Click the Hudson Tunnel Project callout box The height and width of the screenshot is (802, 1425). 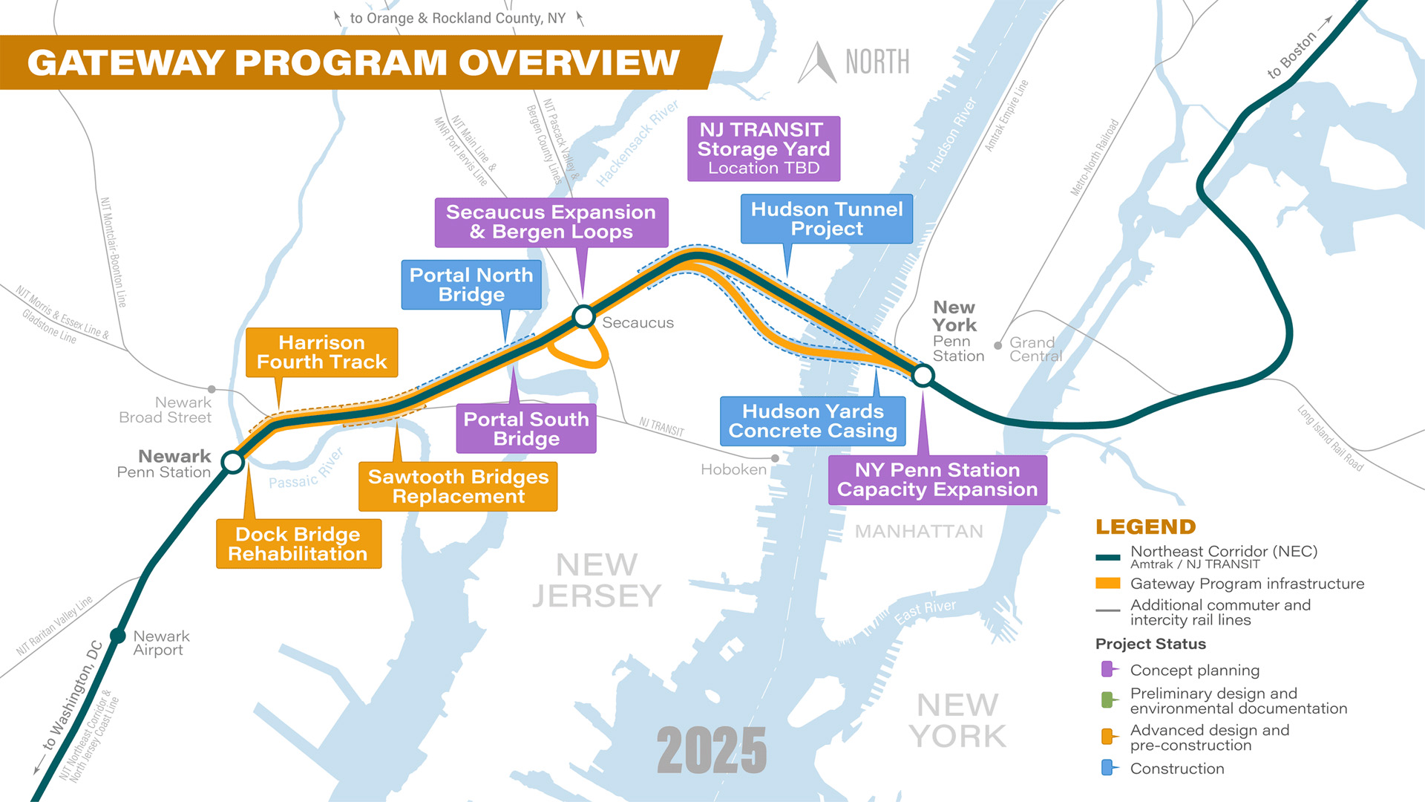(x=827, y=219)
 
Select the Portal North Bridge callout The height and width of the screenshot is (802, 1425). (x=471, y=284)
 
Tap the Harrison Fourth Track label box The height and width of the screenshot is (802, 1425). (x=321, y=353)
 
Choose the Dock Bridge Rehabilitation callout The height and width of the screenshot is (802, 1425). (x=298, y=544)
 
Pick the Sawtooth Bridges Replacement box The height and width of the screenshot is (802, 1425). (x=458, y=486)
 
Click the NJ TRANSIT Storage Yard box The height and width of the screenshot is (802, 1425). (x=764, y=149)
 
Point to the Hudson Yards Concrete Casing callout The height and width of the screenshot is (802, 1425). (x=813, y=421)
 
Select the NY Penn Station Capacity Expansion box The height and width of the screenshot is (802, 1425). (x=937, y=480)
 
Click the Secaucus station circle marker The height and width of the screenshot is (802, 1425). (x=584, y=317)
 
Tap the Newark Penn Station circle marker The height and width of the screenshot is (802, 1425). (x=233, y=462)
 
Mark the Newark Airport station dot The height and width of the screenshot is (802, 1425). (x=118, y=636)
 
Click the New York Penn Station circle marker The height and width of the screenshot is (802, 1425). (x=923, y=376)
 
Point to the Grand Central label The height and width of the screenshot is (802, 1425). (x=1035, y=349)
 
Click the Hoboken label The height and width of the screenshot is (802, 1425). (x=733, y=469)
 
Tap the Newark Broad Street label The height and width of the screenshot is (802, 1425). (x=166, y=410)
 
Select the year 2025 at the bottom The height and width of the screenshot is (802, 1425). (x=712, y=750)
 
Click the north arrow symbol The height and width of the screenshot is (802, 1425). (x=818, y=63)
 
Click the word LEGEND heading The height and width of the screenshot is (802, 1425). (x=1145, y=527)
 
